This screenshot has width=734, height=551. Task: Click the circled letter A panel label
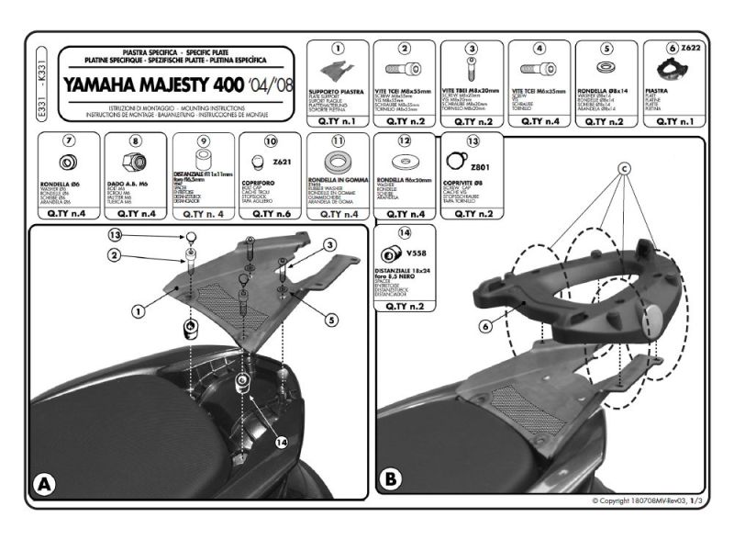click(43, 485)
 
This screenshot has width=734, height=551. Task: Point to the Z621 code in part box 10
click(282, 162)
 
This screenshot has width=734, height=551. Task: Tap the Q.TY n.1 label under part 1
click(338, 120)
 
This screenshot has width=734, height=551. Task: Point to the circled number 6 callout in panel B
click(485, 323)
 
